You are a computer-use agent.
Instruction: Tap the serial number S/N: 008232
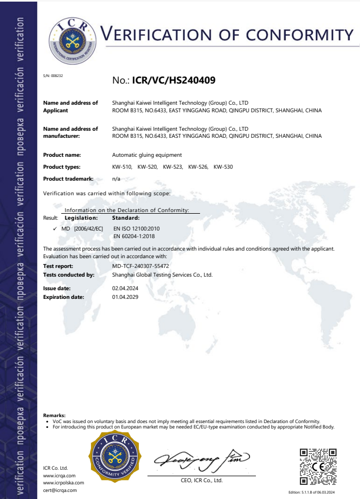click(x=53, y=76)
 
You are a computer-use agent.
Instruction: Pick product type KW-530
click(x=223, y=167)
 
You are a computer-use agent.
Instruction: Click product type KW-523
click(x=172, y=167)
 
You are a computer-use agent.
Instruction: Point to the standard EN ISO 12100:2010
click(x=136, y=229)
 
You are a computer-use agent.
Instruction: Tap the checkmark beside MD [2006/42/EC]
click(x=55, y=229)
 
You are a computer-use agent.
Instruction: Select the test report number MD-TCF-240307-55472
click(x=140, y=266)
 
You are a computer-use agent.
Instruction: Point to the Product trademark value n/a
click(x=116, y=178)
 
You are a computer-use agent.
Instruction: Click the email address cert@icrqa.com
click(x=60, y=490)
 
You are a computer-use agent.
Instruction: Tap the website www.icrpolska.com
click(x=63, y=482)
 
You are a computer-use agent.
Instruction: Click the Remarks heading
click(x=54, y=415)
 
